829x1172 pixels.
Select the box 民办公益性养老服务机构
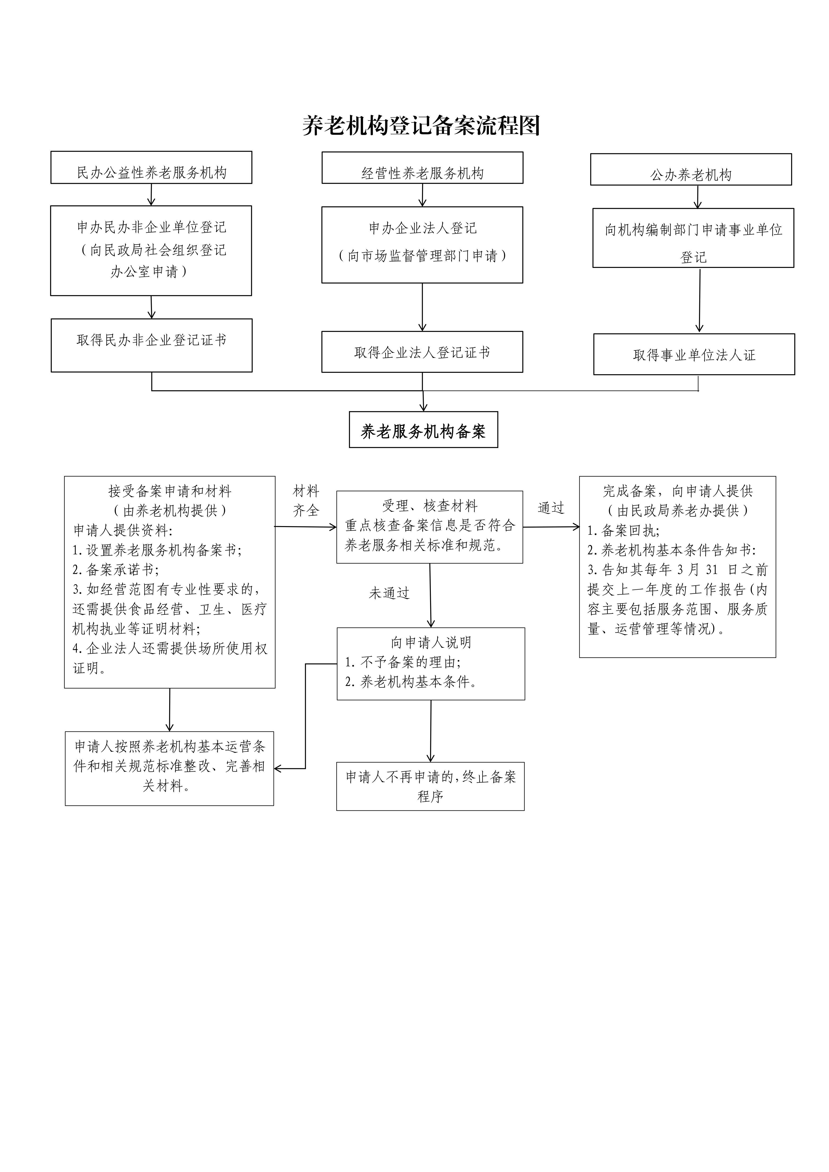point(151,167)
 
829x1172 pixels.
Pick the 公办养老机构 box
point(691,169)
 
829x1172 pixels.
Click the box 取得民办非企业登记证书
point(151,345)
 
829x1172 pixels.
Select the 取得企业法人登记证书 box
point(422,352)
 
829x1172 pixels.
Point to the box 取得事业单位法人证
point(694,354)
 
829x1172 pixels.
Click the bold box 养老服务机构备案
point(423,430)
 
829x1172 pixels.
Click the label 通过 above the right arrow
point(551,508)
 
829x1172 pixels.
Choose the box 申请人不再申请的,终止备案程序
point(430,786)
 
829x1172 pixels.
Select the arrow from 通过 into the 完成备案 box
point(551,527)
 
